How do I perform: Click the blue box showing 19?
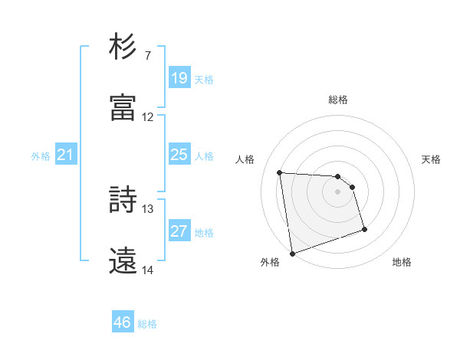(x=179, y=78)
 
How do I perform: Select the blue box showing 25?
(x=179, y=155)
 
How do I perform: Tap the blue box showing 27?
(x=179, y=231)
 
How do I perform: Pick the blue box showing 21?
(x=66, y=155)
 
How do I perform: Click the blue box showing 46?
(x=123, y=322)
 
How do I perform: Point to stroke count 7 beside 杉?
(x=147, y=55)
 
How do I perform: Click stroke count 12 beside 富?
(x=148, y=117)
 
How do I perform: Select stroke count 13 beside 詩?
(x=148, y=208)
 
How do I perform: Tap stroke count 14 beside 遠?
(x=148, y=270)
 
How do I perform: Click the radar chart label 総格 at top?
(x=338, y=100)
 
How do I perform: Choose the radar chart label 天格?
(x=431, y=159)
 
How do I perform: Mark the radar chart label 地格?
(x=402, y=262)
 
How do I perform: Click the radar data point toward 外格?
(x=291, y=252)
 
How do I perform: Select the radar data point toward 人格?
(x=280, y=172)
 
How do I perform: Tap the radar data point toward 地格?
(x=364, y=229)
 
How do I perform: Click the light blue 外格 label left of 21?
(x=41, y=156)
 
